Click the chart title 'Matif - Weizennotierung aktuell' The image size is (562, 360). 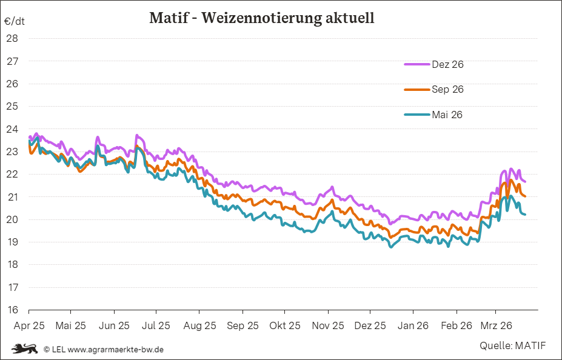262,18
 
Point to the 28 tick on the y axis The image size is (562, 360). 12,38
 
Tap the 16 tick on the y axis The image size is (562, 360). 12,310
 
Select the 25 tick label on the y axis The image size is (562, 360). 12,106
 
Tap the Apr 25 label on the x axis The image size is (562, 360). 28,325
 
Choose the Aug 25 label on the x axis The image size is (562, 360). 200,325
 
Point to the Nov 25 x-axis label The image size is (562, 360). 329,325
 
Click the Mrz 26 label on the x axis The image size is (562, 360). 497,325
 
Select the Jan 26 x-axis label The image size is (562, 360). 413,325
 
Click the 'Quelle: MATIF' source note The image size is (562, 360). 512,346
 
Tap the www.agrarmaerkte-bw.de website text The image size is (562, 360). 115,350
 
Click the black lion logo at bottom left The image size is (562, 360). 24,348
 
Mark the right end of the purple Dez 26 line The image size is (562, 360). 525,182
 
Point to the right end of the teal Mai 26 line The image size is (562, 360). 525,214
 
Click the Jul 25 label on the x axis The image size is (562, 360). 156,325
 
